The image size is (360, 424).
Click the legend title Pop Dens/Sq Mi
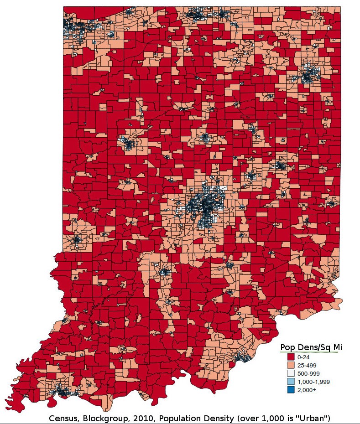coord(311,347)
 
